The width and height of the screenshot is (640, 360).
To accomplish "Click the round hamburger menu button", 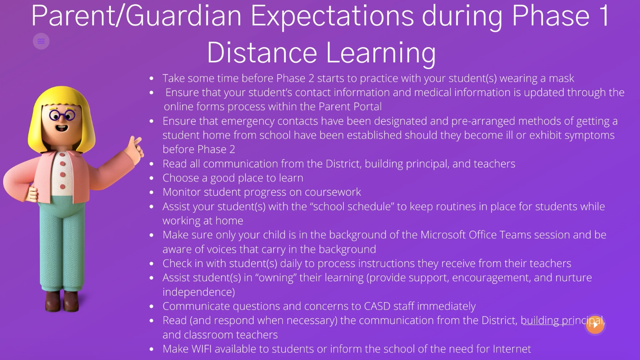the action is pos(41,41).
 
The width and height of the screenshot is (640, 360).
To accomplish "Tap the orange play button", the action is pos(595,325).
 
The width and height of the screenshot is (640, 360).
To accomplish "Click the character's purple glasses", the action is pos(62,115).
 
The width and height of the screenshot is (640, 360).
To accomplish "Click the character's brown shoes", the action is pos(62,301).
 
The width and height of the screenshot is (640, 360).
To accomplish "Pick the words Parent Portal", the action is pos(350,106).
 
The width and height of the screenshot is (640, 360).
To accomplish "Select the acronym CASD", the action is pos(377,306).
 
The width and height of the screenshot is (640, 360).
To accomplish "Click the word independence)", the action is pos(198,292).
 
